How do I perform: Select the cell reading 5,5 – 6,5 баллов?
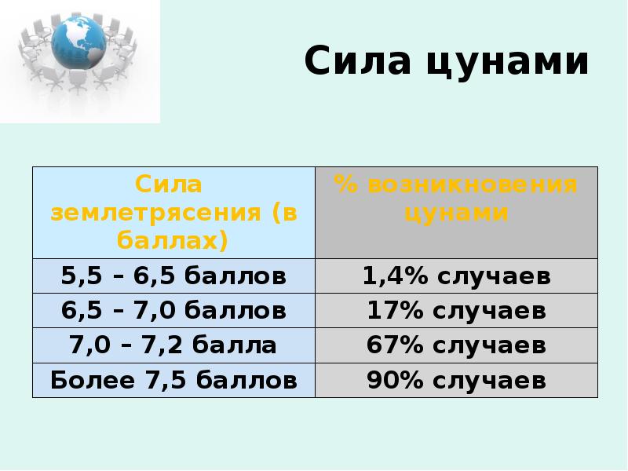coord(173,276)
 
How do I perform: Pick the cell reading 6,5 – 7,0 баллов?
coord(173,311)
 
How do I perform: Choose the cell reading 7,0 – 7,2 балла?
coord(173,345)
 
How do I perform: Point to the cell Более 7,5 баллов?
coord(173,381)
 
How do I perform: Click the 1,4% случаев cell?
coord(456,276)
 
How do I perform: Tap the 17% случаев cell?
coord(456,311)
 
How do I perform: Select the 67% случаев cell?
coord(456,345)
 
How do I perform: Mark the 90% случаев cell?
coord(456,381)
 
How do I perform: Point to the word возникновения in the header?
coord(473,185)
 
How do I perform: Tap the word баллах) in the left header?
coord(173,239)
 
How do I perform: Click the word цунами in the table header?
coord(456,213)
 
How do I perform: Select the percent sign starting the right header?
coord(344,185)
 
